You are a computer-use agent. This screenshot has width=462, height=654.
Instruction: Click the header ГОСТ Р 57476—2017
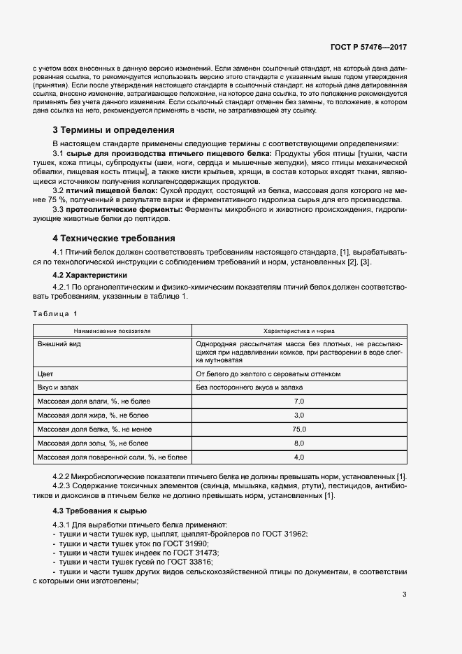point(368,47)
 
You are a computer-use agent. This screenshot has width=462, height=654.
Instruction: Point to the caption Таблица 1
point(56,313)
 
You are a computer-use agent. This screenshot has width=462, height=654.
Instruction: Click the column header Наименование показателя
point(113,330)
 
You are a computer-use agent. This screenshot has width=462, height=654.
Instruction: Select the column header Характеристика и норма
point(298,330)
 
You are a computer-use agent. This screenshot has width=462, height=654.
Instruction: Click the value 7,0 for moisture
point(299,401)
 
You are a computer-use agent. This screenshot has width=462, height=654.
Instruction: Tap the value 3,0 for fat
point(299,415)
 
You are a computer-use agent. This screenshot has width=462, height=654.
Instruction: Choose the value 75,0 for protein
point(299,429)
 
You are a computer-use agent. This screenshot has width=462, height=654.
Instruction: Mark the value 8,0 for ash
point(299,443)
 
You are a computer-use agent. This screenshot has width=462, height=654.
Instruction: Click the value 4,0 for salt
point(299,457)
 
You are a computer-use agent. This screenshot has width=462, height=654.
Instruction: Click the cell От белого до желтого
point(268,374)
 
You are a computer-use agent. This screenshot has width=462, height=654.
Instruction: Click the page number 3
point(405,595)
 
